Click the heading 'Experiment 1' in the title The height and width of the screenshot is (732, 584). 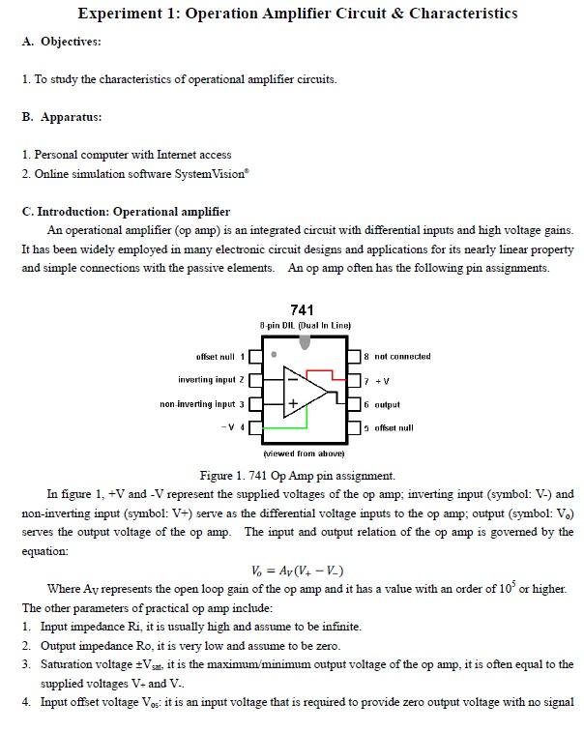[126, 14]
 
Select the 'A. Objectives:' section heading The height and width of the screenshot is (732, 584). [61, 42]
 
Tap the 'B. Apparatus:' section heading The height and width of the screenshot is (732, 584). [61, 117]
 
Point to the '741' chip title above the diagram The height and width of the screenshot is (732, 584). [302, 310]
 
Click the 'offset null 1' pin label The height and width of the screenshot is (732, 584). [220, 357]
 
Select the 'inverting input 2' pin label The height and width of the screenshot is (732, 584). [212, 380]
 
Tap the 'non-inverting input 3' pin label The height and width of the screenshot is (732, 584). [202, 404]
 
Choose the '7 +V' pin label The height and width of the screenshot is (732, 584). [377, 381]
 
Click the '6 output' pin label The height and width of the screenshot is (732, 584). [382, 404]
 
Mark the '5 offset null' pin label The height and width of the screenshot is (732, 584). [388, 427]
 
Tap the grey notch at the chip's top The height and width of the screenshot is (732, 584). [306, 341]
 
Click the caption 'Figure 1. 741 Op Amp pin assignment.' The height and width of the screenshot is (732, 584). [297, 476]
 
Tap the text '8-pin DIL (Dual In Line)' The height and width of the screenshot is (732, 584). [305, 325]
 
